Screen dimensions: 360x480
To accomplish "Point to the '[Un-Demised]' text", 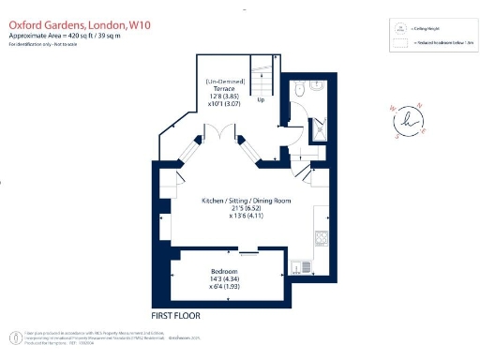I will pyautogui.click(x=223, y=82).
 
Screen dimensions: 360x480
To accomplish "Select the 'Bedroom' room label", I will pyautogui.click(x=223, y=270).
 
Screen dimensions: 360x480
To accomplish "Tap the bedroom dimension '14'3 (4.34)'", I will pyautogui.click(x=223, y=278).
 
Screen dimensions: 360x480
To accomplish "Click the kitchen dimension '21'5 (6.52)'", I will pyautogui.click(x=242, y=209).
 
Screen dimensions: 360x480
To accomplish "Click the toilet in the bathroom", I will pyautogui.click(x=297, y=92).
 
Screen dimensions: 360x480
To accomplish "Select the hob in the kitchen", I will pyautogui.click(x=321, y=237).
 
